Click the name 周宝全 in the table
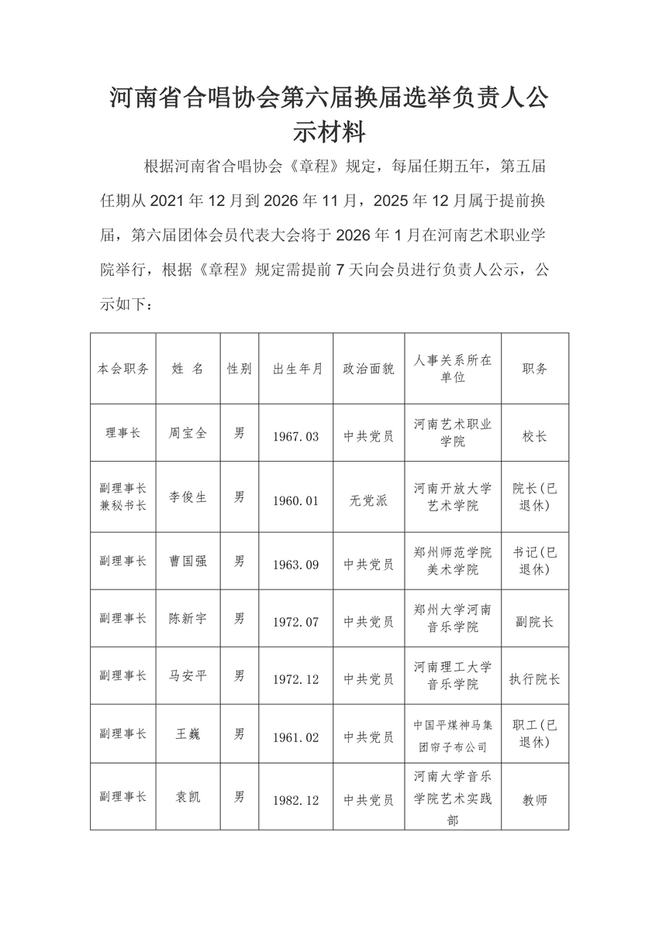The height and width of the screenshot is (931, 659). click(188, 435)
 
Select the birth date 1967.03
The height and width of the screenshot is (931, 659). click(295, 436)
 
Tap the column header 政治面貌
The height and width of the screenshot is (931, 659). click(368, 369)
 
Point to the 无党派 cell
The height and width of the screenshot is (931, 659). click(368, 500)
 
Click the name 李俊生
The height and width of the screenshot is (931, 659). click(188, 498)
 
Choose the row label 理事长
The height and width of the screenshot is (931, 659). click(122, 435)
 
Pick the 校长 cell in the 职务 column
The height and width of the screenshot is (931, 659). click(534, 436)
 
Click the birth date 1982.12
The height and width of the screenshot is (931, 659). click(295, 801)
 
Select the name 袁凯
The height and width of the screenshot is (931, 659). click(188, 796)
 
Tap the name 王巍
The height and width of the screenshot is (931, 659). click(188, 733)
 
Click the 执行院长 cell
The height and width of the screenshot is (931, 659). click(534, 679)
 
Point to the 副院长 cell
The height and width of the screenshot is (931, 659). click(534, 621)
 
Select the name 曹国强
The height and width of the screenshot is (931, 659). click(188, 561)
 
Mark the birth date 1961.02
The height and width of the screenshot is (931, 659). click(295, 737)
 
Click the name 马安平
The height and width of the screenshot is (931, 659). click(188, 675)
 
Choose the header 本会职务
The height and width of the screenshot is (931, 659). click(122, 369)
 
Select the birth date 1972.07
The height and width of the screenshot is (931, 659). click(295, 621)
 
